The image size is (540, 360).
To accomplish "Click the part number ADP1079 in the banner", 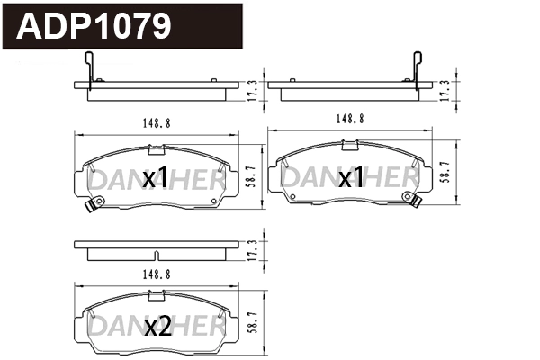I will (94, 27).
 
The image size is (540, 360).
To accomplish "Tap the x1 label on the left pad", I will (155, 178).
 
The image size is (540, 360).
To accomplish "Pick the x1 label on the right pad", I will (351, 178).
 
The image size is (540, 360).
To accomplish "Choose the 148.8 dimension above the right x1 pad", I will (350, 118).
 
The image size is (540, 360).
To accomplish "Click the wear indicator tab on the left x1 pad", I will (89, 208).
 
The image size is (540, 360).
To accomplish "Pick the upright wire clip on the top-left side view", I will (87, 68).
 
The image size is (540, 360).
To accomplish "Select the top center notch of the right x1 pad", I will (350, 142).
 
